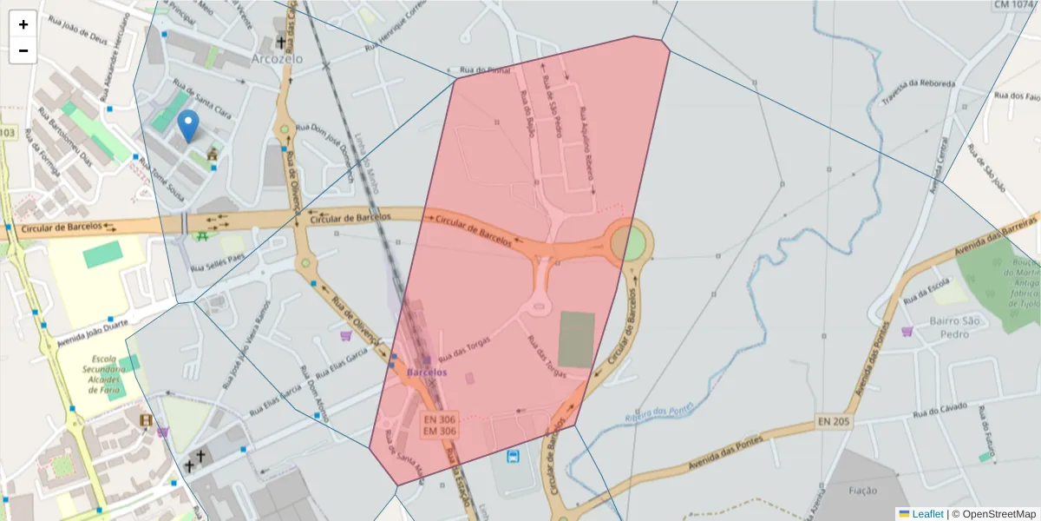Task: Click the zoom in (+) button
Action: pos(23,24)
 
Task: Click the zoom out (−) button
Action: pos(23,50)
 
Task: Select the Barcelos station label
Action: pos(427,372)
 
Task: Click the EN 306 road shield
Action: pos(440,419)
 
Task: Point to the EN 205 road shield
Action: pos(832,422)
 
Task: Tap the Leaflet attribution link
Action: pos(926,514)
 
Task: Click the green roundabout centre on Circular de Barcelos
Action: pos(630,242)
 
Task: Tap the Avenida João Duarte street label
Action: pos(93,327)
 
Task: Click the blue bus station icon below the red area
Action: pos(514,456)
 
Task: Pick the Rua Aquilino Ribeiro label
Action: pos(587,149)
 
